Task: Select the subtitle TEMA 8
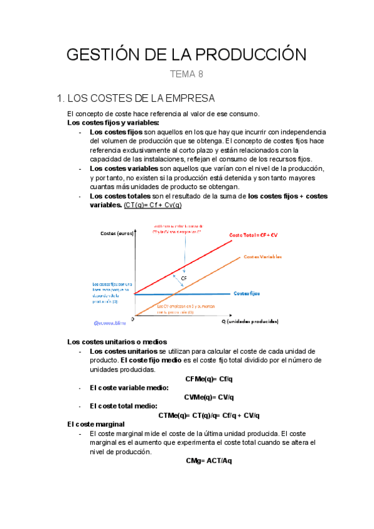tap(186, 75)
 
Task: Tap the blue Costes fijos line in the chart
tap(187, 294)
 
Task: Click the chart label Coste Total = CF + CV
tap(254, 235)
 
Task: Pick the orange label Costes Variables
tap(262, 256)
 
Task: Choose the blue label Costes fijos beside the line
tap(247, 293)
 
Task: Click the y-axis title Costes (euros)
tap(116, 233)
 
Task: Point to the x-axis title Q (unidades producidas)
tap(250, 321)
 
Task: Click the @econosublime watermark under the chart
tap(110, 323)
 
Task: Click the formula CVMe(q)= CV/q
tap(209, 397)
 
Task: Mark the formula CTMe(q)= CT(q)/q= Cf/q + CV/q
tap(209, 415)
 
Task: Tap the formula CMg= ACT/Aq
tap(209, 460)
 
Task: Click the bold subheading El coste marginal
tap(95, 424)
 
